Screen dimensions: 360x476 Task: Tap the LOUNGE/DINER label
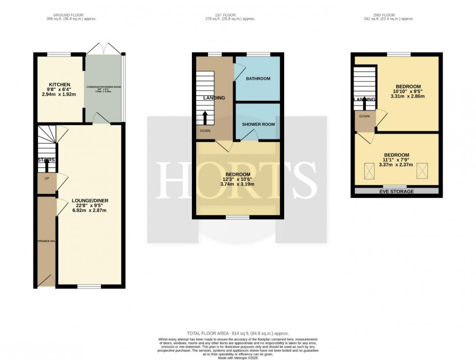coord(89,200)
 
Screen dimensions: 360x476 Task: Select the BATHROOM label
coord(257,78)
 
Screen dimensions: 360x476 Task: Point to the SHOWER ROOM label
coord(258,124)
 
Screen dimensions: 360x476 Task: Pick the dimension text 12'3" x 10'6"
coord(238,180)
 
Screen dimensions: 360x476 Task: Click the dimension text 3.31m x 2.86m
coord(408,96)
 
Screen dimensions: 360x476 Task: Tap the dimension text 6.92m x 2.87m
coord(89,210)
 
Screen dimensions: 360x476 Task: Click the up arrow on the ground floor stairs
coord(47,165)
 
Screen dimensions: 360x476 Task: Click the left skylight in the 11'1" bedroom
coord(370,170)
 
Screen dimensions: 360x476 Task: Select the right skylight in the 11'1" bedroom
coord(425,170)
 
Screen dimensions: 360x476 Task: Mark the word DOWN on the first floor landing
coord(204,131)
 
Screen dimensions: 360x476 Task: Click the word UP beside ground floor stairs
coord(47,179)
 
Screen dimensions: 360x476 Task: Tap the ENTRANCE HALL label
coord(46,241)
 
